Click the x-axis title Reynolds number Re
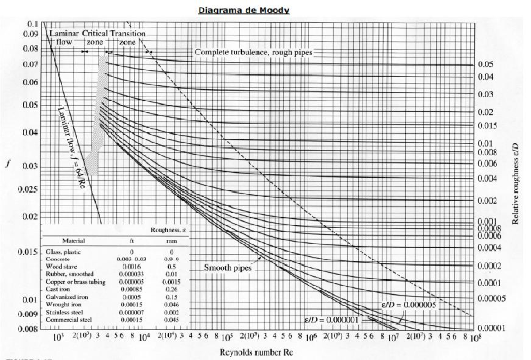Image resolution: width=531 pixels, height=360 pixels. click(256, 352)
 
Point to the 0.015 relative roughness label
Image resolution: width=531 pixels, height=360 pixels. click(488, 126)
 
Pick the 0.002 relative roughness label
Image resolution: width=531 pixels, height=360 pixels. click(488, 201)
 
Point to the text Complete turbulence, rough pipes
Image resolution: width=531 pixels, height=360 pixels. click(254, 52)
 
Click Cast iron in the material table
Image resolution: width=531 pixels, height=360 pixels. click(56, 290)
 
